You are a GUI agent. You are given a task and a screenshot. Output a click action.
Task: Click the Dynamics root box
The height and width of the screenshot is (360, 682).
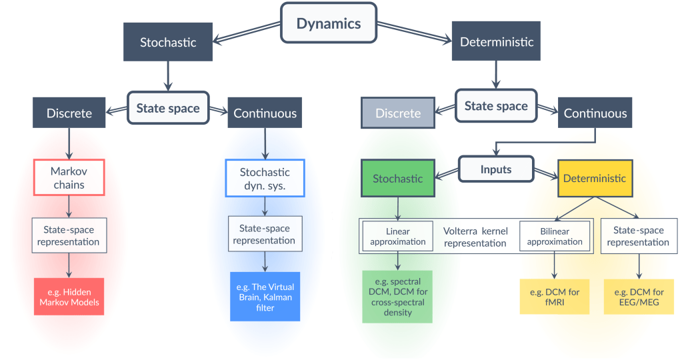[x=329, y=24]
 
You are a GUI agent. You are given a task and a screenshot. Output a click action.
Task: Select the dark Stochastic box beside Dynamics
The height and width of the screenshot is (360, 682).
[x=168, y=42]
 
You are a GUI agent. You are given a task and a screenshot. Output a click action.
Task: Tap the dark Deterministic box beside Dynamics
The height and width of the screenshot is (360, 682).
[x=497, y=42]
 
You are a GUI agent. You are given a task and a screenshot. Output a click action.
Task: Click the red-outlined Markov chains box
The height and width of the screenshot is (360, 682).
[x=69, y=177]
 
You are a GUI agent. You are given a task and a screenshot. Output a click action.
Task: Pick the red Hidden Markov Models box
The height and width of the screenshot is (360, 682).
[x=69, y=296]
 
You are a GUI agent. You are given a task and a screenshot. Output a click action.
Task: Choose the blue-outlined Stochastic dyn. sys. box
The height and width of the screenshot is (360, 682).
[x=265, y=177]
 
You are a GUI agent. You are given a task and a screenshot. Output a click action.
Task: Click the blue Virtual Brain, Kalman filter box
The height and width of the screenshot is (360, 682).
[x=265, y=296]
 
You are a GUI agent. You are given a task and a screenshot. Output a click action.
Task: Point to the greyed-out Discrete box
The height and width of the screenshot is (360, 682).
[x=398, y=113]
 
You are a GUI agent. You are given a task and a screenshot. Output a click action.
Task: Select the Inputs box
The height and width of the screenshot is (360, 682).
[x=496, y=169]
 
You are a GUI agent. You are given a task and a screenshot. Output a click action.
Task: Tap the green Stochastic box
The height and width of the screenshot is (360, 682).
[x=397, y=178]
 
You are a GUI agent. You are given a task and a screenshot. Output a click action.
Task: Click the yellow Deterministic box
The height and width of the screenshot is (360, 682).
[x=595, y=178]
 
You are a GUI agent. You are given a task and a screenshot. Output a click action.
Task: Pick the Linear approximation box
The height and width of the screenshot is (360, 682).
[x=398, y=236]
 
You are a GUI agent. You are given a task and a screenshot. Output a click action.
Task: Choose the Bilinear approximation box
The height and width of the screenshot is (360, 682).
[x=555, y=236]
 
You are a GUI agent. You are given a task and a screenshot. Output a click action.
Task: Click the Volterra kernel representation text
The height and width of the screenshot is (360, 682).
[x=475, y=237]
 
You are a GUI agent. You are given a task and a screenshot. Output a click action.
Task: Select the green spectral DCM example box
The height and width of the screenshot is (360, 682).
[x=397, y=296]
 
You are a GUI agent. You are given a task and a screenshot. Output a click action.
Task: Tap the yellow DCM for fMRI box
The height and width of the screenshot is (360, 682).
[x=555, y=296]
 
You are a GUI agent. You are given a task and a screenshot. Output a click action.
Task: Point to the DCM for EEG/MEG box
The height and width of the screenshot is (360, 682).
[x=638, y=296]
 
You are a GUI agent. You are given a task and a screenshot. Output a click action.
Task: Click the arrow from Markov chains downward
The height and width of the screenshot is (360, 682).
[x=69, y=206]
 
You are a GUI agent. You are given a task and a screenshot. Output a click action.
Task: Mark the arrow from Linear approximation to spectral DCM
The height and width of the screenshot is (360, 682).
[x=398, y=260]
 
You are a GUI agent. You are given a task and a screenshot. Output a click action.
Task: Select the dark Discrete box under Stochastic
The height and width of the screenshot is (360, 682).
[x=69, y=113]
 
